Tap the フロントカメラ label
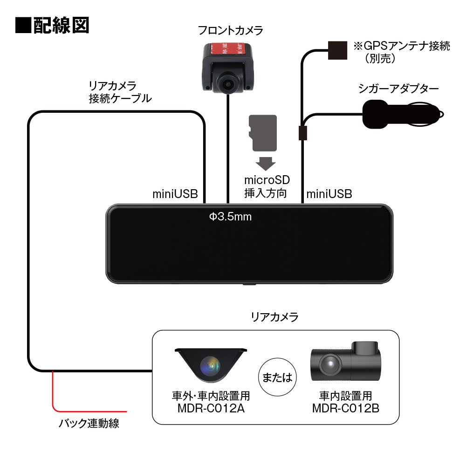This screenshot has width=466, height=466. [x=230, y=31]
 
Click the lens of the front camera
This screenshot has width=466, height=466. [x=228, y=84]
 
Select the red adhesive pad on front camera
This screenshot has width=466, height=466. [x=228, y=48]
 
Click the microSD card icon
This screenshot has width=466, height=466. [x=264, y=133]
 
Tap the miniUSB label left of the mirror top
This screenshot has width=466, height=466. [x=175, y=193]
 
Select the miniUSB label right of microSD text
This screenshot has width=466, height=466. [x=329, y=193]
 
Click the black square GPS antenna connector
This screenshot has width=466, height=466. [x=337, y=50]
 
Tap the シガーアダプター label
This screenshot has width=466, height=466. [x=398, y=89]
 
